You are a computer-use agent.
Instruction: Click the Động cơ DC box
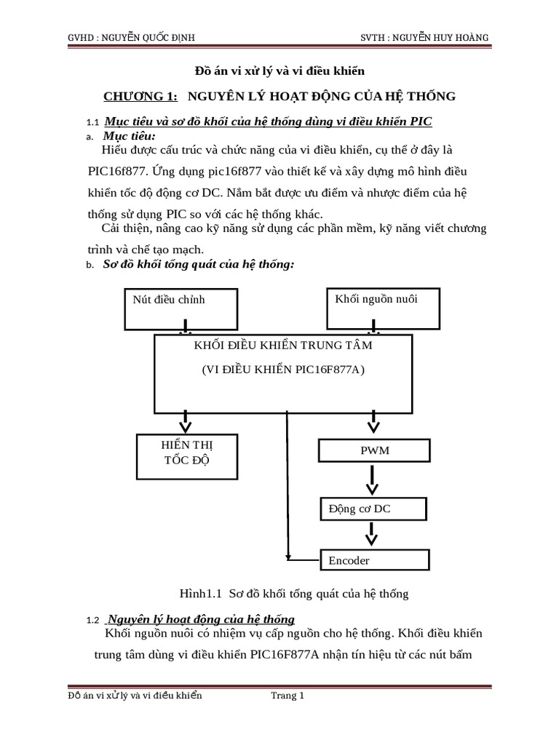tap(375, 509)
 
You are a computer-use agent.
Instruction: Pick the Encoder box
tap(375, 560)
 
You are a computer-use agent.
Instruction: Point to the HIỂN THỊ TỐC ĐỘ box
tap(186, 456)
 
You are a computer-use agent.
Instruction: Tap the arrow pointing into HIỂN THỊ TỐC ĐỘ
tap(186, 421)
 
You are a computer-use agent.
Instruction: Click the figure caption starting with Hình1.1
tap(289, 594)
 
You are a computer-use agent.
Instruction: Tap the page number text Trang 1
tap(288, 696)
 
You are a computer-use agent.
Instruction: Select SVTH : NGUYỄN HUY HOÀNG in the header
tap(427, 37)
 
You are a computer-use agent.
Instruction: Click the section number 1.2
tap(92, 620)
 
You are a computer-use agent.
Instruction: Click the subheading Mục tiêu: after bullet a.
tap(130, 136)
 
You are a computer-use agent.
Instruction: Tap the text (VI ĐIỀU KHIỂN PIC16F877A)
tap(283, 370)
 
